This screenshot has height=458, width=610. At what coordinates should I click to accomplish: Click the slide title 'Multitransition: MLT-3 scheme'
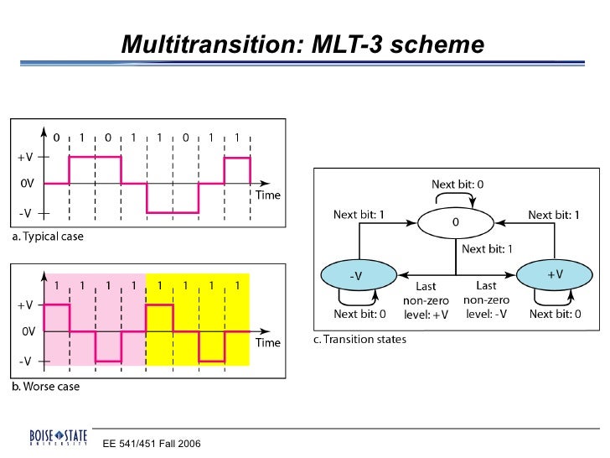[302, 43]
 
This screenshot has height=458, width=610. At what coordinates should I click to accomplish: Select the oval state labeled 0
[455, 223]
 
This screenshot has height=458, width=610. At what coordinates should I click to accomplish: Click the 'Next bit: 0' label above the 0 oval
[457, 184]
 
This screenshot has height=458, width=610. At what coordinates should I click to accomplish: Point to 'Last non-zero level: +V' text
[432, 299]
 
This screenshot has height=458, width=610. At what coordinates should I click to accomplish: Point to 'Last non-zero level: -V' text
[485, 299]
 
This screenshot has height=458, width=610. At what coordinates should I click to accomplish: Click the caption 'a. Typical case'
[48, 237]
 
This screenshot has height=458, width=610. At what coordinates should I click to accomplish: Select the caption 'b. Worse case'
[45, 387]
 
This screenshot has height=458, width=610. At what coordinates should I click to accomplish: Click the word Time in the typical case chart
[267, 195]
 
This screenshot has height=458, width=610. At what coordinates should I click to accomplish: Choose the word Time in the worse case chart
[267, 342]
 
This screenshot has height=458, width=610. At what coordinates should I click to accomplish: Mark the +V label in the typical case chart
[26, 156]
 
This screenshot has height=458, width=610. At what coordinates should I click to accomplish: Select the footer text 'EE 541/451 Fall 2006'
[152, 443]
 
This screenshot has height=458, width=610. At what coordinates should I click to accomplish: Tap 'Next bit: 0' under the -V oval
[359, 314]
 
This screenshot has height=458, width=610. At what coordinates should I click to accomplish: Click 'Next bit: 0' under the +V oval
[555, 314]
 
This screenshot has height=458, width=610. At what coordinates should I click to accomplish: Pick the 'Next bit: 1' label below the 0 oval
[486, 248]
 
